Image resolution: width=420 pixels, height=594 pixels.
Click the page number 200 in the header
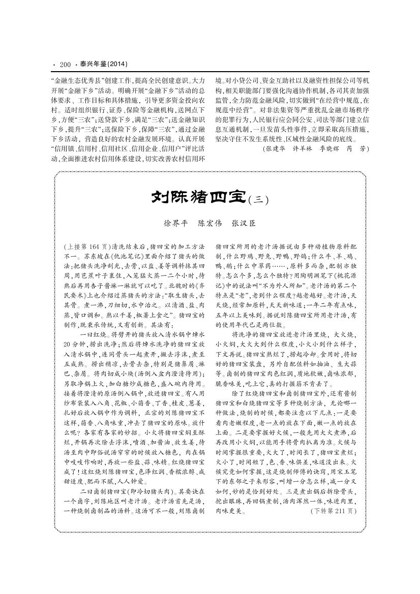[x=65, y=65]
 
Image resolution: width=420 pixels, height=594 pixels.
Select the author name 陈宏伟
[x=209, y=223]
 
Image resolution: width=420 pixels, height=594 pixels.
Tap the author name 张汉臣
[x=243, y=223]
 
